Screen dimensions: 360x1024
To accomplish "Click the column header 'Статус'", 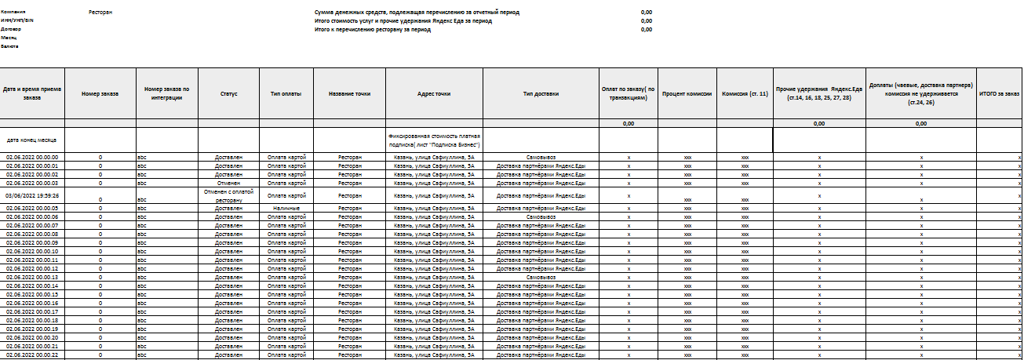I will coord(228,93).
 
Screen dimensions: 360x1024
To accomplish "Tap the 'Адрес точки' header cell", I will coord(434,93).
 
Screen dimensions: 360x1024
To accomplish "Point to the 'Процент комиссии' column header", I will coord(687,93).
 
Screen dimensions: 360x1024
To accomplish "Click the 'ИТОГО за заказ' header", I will coord(999,93).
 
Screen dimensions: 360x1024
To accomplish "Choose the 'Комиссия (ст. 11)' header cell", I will coord(745,93).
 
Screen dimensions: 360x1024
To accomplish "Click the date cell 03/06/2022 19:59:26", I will coord(32,195).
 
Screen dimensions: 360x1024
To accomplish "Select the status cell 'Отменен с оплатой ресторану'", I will coord(228,195).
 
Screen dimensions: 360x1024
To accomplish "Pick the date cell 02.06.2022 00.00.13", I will coord(32,277).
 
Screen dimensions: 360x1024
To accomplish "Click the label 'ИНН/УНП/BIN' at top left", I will coord(17,20).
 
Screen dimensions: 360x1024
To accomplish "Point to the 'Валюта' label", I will coord(9,46).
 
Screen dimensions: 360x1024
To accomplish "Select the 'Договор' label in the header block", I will coord(11,29).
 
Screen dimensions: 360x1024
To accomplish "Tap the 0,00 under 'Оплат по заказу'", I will coord(629,123).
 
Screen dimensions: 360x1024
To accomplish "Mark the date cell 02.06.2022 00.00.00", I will coord(32,157).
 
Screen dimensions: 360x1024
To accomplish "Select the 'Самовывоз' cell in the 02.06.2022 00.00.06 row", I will coord(541,216).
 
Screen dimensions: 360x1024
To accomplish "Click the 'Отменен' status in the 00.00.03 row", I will coord(228,183).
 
